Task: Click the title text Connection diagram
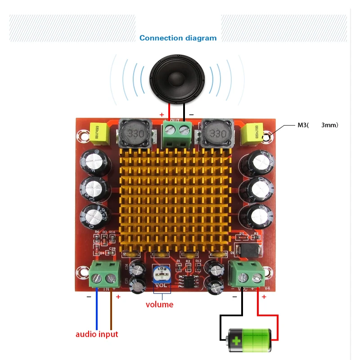[x=178, y=38]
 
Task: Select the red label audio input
[x=97, y=334]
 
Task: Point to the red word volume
[x=159, y=305]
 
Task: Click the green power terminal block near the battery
[x=246, y=274]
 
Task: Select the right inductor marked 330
[x=216, y=134]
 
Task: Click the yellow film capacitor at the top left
[x=100, y=134]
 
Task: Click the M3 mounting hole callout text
[x=317, y=125]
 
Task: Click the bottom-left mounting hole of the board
[x=82, y=271]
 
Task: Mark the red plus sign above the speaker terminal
[x=162, y=115]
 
